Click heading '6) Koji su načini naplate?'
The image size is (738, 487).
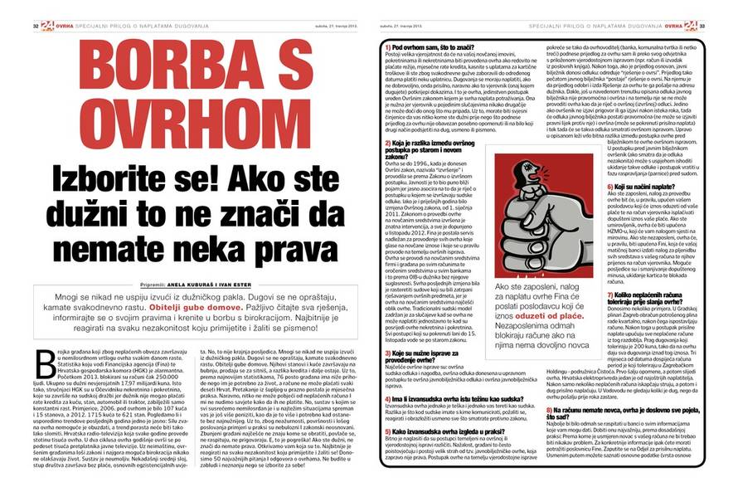coord(646,189)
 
